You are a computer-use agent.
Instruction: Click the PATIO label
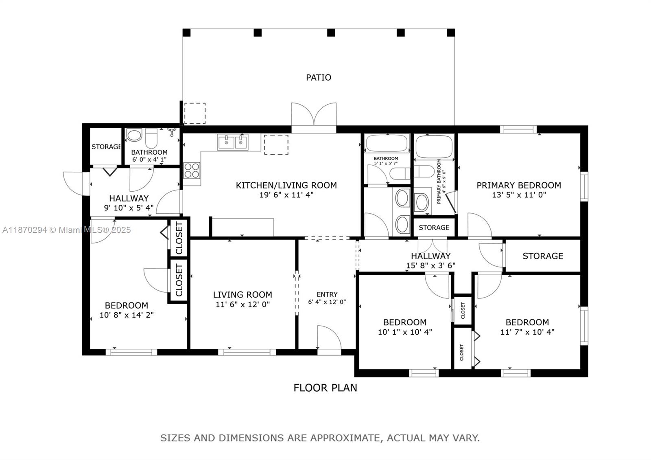tap(319, 77)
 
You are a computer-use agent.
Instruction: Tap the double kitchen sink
tap(233, 142)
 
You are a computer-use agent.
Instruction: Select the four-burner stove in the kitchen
tap(192, 170)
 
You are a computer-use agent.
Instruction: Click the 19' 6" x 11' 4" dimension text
tap(286, 195)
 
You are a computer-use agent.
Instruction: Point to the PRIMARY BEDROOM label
tap(519, 185)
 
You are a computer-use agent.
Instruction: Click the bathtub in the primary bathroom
tap(434, 147)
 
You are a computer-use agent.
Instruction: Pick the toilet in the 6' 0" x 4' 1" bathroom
tap(151, 138)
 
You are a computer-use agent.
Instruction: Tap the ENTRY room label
tap(327, 294)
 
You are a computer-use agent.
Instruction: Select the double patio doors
tap(314, 114)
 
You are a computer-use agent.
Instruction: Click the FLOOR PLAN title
tap(325, 388)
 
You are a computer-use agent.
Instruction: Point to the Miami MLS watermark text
tap(66, 230)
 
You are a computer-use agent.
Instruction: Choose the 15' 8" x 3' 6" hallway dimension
tap(430, 265)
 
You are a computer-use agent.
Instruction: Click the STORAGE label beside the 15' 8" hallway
tap(543, 256)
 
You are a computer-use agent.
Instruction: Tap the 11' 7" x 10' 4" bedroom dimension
tap(527, 332)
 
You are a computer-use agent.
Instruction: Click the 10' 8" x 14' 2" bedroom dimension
tap(127, 315)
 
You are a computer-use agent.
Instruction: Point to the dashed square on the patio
tap(195, 113)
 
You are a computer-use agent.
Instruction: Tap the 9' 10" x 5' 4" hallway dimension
tap(129, 208)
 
